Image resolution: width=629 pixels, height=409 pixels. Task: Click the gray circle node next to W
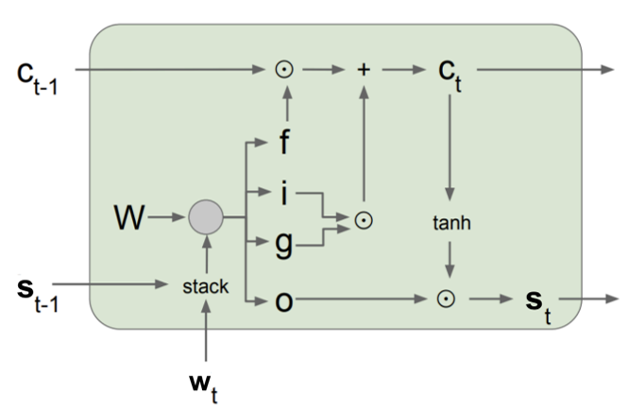206,217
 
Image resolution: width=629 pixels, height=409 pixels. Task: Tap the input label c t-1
38,78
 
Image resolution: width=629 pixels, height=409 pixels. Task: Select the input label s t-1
38,294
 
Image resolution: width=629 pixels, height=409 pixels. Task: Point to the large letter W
129,217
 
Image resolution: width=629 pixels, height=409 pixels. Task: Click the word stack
206,286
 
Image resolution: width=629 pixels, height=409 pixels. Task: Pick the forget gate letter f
284,142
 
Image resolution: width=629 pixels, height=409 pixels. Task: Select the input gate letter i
284,193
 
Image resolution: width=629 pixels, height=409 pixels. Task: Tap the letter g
284,245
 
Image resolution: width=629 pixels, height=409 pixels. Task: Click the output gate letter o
284,301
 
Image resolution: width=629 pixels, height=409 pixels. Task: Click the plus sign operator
364,70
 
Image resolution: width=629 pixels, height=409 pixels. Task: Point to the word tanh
451,223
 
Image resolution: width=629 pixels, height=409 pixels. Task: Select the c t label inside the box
450,76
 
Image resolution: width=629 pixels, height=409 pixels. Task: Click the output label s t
538,306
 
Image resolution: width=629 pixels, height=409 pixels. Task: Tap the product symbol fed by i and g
364,220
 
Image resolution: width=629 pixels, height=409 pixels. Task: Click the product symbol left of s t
446,299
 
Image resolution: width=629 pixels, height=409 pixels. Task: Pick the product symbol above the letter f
284,70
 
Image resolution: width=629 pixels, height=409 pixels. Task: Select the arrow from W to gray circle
166,217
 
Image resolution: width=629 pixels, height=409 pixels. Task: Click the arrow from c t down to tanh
450,147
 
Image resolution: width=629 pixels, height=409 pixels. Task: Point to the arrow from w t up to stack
206,331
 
